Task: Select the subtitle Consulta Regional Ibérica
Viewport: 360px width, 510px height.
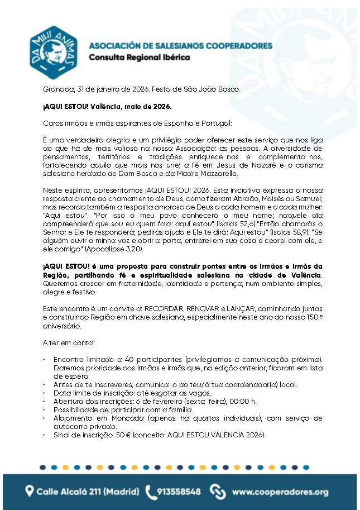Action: point(140,58)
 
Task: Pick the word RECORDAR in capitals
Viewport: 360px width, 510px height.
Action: point(150,308)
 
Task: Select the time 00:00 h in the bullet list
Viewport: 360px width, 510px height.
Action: point(246,401)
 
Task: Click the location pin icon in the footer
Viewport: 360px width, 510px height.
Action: point(30,492)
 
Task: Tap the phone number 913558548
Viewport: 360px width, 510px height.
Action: point(179,492)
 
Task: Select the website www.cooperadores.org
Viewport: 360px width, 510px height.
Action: point(280,492)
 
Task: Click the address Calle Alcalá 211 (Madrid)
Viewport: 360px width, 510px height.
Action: point(88,492)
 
